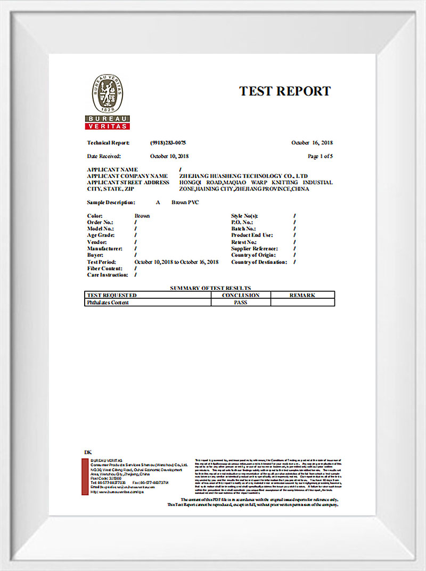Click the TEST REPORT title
285,91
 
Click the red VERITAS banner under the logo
108,126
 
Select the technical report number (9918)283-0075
168,143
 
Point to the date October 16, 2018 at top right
312,143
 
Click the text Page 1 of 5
321,156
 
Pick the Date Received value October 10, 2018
169,156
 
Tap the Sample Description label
111,203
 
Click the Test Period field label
102,262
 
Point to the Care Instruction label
108,275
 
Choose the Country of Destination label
259,262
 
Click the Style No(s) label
244,216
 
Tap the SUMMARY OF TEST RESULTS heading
210,288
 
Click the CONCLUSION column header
241,295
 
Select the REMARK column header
302,295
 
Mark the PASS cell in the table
241,302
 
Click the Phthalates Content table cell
108,302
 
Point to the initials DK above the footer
88,452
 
